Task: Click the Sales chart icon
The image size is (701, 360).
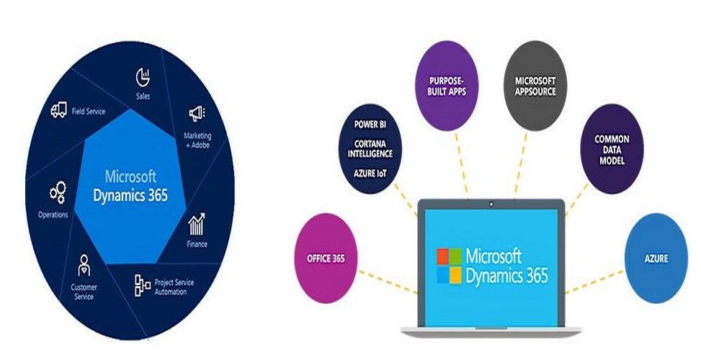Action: [141, 76]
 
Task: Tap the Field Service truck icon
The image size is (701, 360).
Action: [58, 110]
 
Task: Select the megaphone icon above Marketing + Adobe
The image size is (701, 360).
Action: [197, 113]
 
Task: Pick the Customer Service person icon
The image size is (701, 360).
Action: [84, 263]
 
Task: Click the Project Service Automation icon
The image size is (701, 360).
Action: [143, 286]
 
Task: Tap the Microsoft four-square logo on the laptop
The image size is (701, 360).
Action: [450, 266]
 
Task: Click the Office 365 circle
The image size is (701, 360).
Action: [326, 257]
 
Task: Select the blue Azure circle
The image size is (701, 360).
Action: [656, 257]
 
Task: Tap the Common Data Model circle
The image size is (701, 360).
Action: [612, 149]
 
